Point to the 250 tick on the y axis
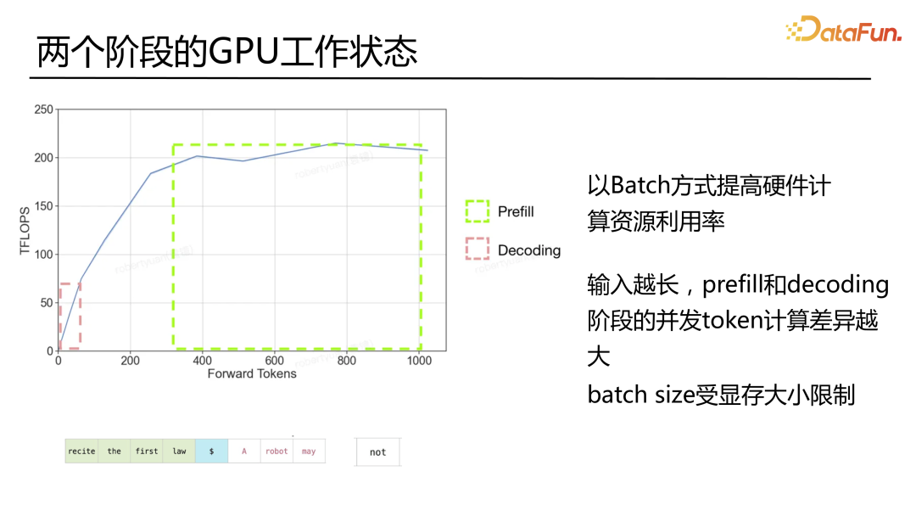[x=43, y=109]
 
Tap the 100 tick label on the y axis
[x=43, y=255]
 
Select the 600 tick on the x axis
[x=274, y=361]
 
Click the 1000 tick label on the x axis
[x=418, y=361]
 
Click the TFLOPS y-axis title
[x=25, y=230]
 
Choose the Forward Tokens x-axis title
[x=252, y=373]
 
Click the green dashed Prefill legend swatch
[x=478, y=211]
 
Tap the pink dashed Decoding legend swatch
[x=478, y=249]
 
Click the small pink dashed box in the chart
[x=70, y=316]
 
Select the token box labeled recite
[x=81, y=451]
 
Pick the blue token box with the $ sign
[x=211, y=451]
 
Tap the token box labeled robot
[x=276, y=451]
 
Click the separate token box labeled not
[x=377, y=452]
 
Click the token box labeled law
[x=179, y=451]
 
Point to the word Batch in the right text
[x=640, y=185]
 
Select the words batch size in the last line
[x=640, y=395]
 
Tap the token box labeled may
[x=309, y=451]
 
